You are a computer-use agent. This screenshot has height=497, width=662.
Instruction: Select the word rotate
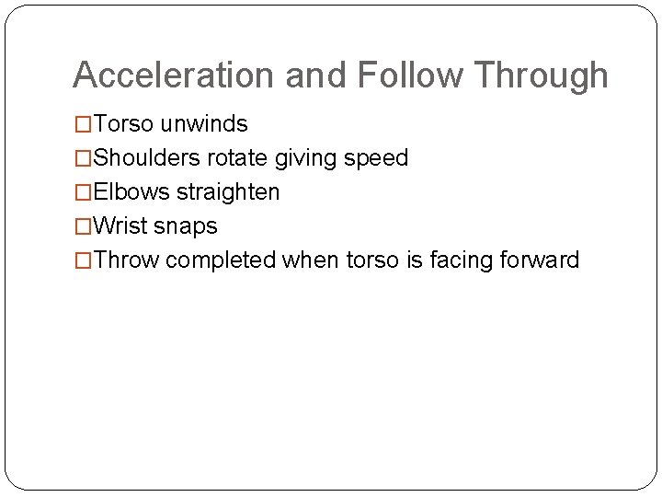pyautogui.click(x=236, y=158)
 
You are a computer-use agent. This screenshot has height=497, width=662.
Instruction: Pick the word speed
pyautogui.click(x=375, y=158)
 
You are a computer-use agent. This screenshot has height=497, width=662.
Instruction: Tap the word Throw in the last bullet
pyautogui.click(x=127, y=260)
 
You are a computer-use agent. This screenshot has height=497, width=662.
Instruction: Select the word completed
pyautogui.click(x=221, y=260)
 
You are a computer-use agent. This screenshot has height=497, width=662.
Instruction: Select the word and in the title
pyautogui.click(x=316, y=75)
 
